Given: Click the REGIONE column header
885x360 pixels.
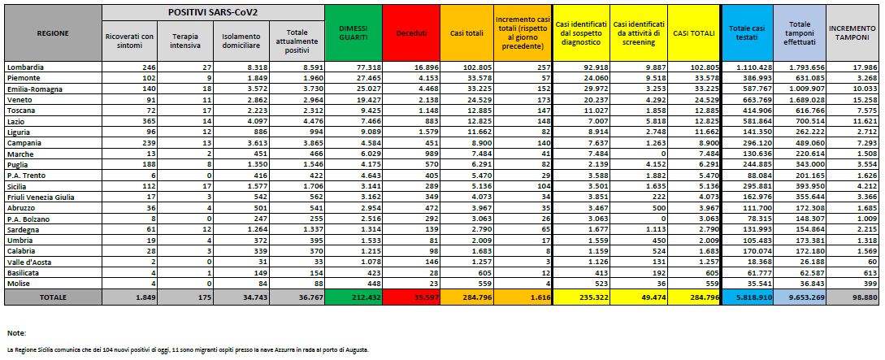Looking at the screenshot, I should point(52,33).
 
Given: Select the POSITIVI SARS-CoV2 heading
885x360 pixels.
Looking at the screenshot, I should point(213,13).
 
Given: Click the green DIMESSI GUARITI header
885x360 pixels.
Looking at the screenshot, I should point(352,33).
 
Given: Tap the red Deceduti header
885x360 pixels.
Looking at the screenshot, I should point(410,33).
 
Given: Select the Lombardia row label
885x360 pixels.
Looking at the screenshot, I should point(24,66).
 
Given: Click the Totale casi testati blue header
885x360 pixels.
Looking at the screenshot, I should point(745,33).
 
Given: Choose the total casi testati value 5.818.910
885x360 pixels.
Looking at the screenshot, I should point(751,298).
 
